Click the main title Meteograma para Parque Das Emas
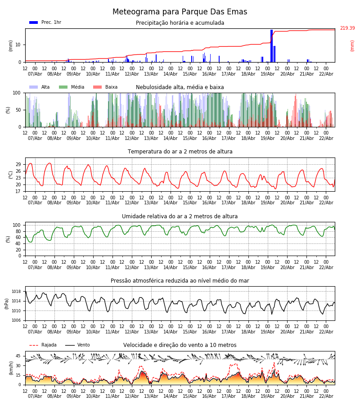point(180,12)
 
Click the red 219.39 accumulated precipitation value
point(347,28)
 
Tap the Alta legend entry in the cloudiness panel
point(45,87)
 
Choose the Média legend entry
point(77,87)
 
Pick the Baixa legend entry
point(111,87)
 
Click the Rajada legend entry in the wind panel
point(49,345)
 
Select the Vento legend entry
point(83,345)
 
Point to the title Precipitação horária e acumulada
point(180,23)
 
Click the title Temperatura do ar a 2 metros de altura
point(180,152)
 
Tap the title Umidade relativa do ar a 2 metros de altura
point(180,216)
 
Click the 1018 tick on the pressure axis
point(17,292)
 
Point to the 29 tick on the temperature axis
point(18,164)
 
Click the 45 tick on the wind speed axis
point(18,356)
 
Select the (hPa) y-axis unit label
point(7,303)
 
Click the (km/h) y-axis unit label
point(11,368)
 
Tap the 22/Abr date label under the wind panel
point(326,396)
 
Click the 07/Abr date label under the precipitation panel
point(35,74)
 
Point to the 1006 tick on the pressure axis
point(17,320)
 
